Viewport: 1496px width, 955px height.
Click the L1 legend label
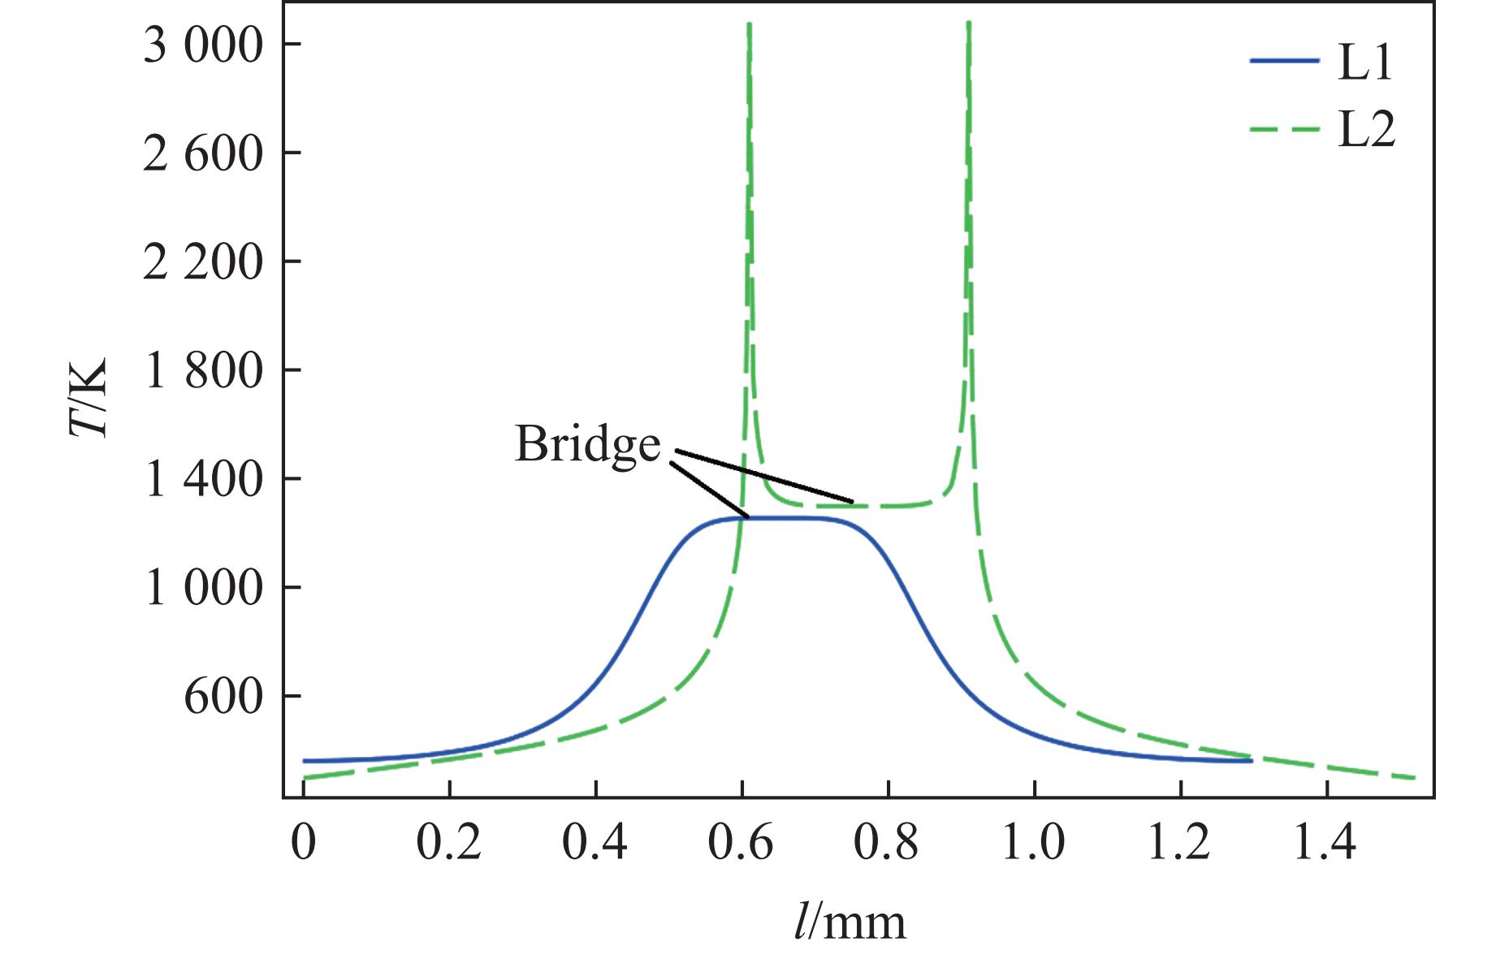(1365, 63)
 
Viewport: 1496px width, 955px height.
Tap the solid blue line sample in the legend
(1283, 60)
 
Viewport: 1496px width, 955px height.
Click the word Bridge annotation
(588, 446)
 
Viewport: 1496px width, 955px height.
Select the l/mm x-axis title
(850, 923)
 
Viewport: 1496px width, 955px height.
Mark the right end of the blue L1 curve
(1252, 761)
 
